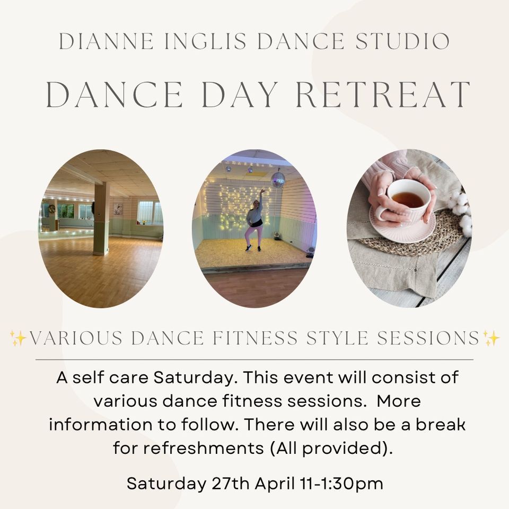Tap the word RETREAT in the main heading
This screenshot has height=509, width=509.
[x=383, y=94]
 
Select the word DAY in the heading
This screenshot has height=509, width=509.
[x=240, y=94]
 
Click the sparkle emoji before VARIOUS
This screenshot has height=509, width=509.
[x=18, y=338]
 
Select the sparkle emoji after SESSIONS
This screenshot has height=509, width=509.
[x=491, y=338]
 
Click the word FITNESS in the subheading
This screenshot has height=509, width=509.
[x=255, y=338]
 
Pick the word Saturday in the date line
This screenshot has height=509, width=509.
[x=166, y=484]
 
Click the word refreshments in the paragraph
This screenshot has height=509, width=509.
[x=204, y=448]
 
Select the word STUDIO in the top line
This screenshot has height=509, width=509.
[x=403, y=41]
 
